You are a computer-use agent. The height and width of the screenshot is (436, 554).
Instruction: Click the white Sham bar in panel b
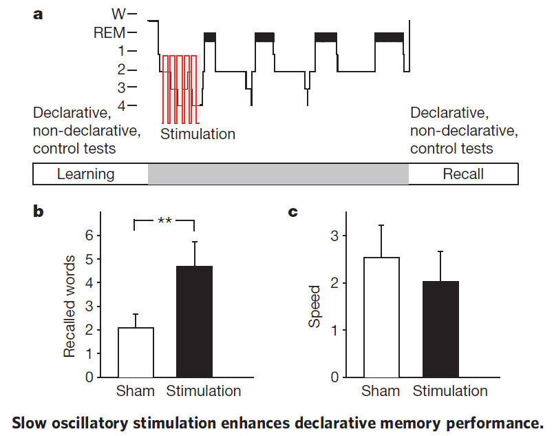[x=136, y=353]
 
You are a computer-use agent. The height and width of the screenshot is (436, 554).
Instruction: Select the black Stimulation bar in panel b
[x=194, y=322]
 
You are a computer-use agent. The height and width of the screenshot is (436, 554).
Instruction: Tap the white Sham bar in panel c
[x=381, y=318]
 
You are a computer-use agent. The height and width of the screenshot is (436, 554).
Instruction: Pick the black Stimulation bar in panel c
[x=440, y=329]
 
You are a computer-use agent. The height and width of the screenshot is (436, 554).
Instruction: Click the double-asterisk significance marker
[x=164, y=221]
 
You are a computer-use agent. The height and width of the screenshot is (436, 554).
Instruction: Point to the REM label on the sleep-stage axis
[x=109, y=33]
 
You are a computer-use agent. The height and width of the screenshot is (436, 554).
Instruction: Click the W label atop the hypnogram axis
[x=118, y=14]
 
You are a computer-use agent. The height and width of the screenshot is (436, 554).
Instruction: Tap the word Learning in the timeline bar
[x=86, y=174]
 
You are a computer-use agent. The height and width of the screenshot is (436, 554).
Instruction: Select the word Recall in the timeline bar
[x=463, y=174]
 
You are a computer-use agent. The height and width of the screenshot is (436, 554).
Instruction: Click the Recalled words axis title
[x=70, y=307]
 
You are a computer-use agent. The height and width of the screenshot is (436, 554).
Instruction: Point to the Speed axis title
[x=314, y=307]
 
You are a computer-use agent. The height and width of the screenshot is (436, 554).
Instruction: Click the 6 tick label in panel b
[x=89, y=236]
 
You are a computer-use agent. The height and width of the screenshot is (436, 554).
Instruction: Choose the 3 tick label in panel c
[x=334, y=236]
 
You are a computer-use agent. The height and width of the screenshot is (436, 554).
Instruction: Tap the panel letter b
[x=38, y=211]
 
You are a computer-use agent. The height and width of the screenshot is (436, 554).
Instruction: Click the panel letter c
[x=293, y=212]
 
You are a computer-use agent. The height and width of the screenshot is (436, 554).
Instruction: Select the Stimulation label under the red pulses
[x=198, y=134]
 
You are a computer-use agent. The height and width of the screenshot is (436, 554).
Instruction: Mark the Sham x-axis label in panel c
[x=381, y=391]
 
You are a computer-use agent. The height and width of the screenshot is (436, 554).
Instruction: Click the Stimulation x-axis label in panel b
[x=204, y=391]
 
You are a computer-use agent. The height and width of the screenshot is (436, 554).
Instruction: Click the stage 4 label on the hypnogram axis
[x=122, y=105]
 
